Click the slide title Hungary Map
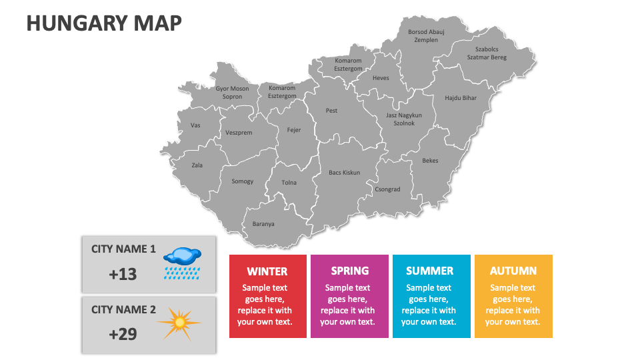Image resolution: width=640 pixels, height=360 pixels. (x=103, y=23)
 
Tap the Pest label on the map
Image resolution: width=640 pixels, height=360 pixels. (x=331, y=111)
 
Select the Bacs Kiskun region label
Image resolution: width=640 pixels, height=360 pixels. (x=344, y=173)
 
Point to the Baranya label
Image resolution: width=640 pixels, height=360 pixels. (x=263, y=224)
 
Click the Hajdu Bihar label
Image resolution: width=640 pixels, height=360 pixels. (x=461, y=98)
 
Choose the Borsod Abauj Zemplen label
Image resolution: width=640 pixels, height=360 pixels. (x=426, y=35)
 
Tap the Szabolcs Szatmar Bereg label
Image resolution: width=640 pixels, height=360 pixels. (x=487, y=53)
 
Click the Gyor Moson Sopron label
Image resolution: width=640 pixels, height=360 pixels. (x=232, y=93)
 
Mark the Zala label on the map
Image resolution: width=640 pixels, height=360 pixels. (x=197, y=165)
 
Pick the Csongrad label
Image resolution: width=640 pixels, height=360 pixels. (x=387, y=189)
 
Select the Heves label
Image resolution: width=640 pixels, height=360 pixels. (x=381, y=78)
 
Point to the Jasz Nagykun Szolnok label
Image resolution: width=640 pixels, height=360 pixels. (x=404, y=119)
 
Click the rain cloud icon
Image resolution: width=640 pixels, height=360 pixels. (x=182, y=262)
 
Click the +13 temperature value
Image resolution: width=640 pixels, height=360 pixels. (x=123, y=273)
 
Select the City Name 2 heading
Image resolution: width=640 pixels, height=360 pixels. (x=123, y=309)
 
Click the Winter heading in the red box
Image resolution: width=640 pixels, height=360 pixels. (x=267, y=271)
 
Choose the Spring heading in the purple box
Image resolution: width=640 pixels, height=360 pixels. (x=349, y=271)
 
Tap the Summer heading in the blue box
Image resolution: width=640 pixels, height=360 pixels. (x=429, y=271)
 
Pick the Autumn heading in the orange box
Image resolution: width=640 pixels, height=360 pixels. (x=513, y=271)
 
